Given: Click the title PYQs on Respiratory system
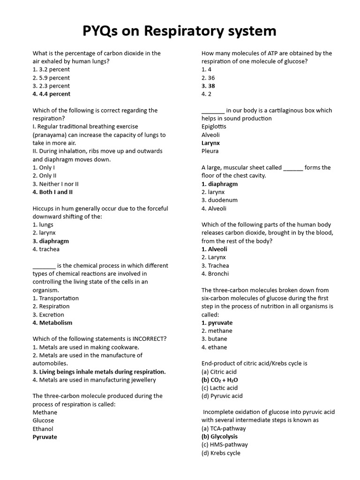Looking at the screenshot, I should (x=180, y=31).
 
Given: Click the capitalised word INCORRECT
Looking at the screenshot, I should (x=148, y=339).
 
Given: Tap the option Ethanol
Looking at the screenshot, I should (x=43, y=428).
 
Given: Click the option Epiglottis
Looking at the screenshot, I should (x=214, y=127).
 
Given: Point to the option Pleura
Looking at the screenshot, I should (x=210, y=151).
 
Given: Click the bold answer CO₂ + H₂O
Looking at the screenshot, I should (x=219, y=380).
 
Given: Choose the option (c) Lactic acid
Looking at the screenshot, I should (x=219, y=388).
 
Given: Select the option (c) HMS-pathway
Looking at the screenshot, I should (x=225, y=444).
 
